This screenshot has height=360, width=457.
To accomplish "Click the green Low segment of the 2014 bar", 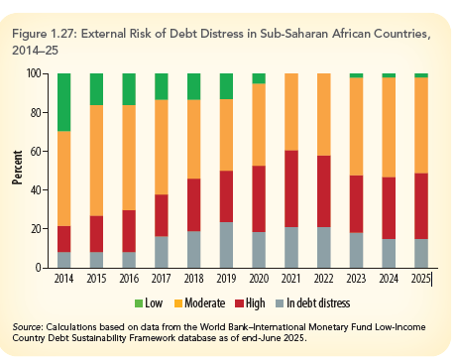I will point(62,102).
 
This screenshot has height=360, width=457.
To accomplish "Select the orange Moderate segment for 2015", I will point(96,160).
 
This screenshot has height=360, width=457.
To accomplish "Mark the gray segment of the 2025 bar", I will point(421,253).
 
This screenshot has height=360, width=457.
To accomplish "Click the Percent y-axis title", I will point(17,169).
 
